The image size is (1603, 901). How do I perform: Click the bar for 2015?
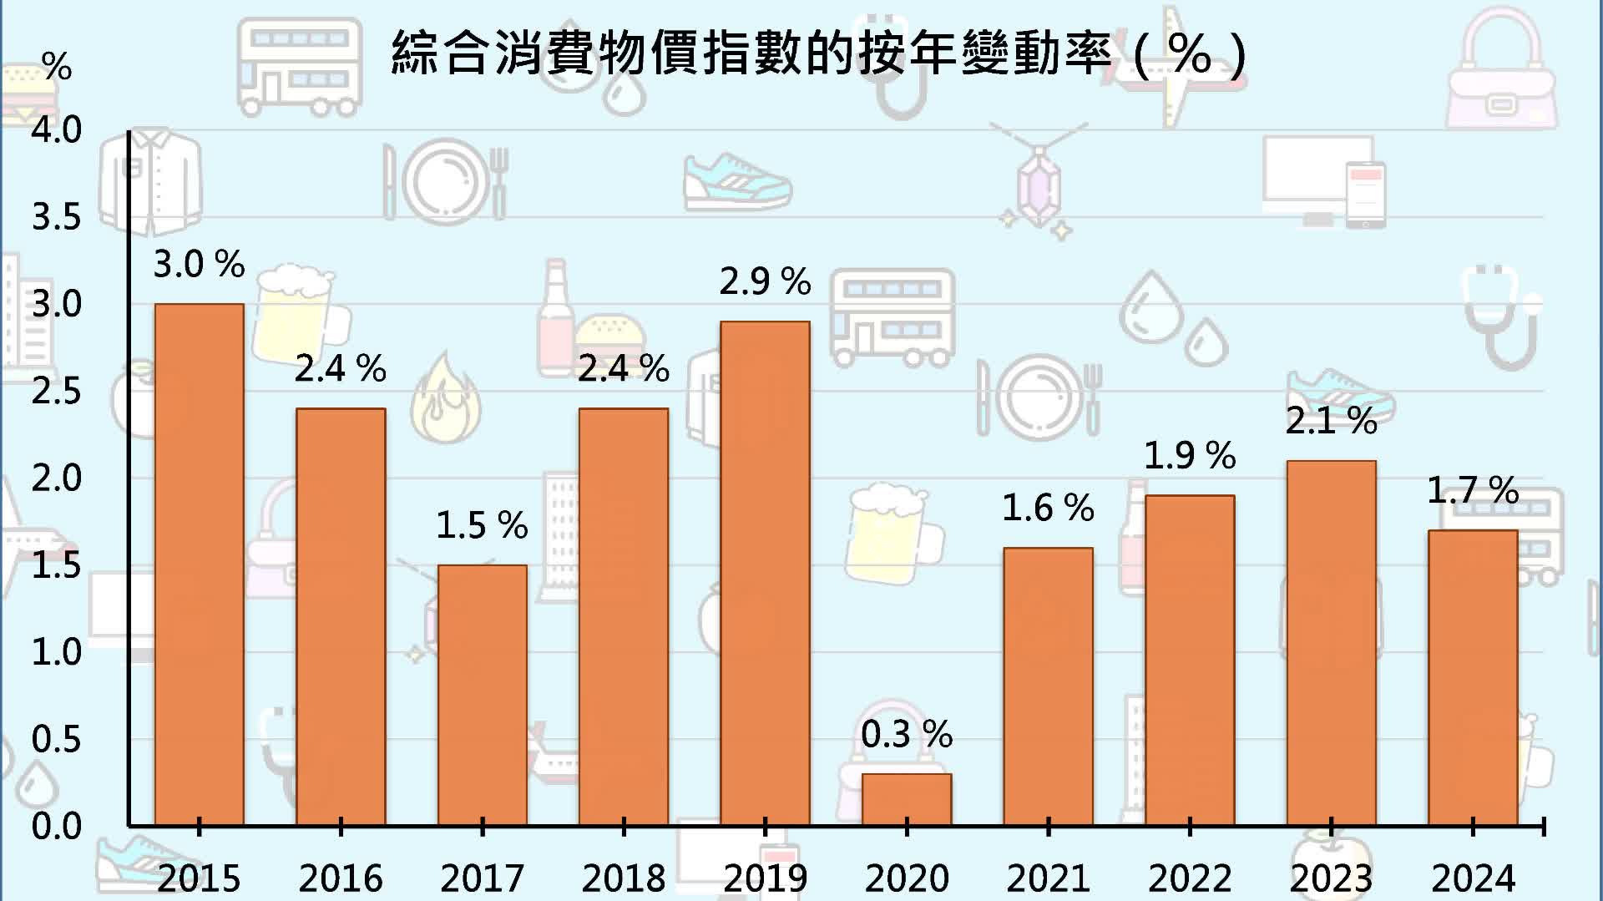[199, 564]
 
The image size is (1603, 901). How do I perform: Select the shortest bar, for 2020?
[907, 799]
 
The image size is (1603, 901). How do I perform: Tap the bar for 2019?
[765, 573]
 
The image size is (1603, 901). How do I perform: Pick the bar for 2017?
[482, 695]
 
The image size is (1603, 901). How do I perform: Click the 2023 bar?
[1331, 643]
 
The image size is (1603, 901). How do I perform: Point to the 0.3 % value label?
[907, 735]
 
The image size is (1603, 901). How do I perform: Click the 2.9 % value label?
[765, 281]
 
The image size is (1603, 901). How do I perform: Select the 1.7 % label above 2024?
[1473, 490]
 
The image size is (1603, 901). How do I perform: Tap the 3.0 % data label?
[199, 264]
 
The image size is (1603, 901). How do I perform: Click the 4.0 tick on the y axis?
[56, 129]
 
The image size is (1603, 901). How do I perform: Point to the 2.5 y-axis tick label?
[56, 391]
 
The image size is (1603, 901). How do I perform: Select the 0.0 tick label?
[56, 827]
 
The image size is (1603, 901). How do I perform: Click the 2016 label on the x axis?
[340, 878]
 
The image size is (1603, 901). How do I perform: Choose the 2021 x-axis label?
[1048, 878]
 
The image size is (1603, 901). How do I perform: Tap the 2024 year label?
[1473, 878]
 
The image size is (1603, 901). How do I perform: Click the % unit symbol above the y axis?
[57, 66]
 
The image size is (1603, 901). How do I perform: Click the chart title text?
[818, 54]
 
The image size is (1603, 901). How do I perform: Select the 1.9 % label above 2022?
[1189, 456]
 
